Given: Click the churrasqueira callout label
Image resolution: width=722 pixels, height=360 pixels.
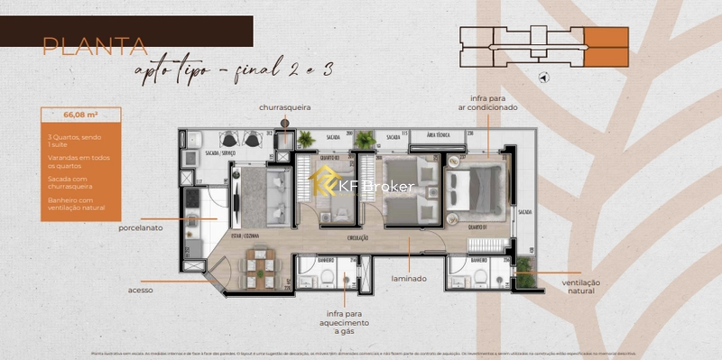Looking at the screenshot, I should [284, 106].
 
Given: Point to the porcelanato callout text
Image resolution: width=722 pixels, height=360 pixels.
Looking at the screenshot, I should [140, 228].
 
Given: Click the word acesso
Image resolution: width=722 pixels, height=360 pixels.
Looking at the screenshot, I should [140, 290].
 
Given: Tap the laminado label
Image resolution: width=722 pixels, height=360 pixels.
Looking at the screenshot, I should [409, 279].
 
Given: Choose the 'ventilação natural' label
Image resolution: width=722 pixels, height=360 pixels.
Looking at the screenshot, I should [588, 287].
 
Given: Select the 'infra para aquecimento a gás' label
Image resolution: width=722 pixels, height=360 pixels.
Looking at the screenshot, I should [343, 322].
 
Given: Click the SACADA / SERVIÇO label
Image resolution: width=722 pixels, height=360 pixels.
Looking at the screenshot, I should [220, 153].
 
